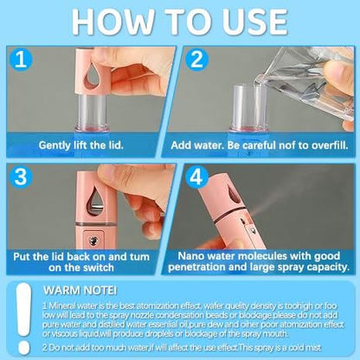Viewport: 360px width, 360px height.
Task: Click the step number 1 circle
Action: pyautogui.click(x=21, y=60)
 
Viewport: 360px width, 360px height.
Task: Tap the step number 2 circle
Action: pyautogui.click(x=196, y=60)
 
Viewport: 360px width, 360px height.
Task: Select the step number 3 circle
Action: pyautogui.click(x=21, y=177)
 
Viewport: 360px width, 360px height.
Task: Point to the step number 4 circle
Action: pyautogui.click(x=196, y=177)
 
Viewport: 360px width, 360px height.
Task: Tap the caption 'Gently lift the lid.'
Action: pyautogui.click(x=81, y=145)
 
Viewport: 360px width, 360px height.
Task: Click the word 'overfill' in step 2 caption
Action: pyautogui.click(x=330, y=145)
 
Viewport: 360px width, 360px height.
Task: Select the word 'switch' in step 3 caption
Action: pyautogui.click(x=98, y=267)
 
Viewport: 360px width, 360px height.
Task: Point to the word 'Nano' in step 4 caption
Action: pyautogui.click(x=190, y=256)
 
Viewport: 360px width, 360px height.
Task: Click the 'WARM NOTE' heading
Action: pyautogui.click(x=80, y=291)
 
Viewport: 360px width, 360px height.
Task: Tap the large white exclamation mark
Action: pyautogui.click(x=23, y=318)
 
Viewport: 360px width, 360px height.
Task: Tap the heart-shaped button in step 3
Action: pyautogui.click(x=93, y=241)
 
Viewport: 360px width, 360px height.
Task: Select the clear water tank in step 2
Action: pyautogui.click(x=250, y=106)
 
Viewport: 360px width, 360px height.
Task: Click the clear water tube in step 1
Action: pyautogui.click(x=92, y=110)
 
